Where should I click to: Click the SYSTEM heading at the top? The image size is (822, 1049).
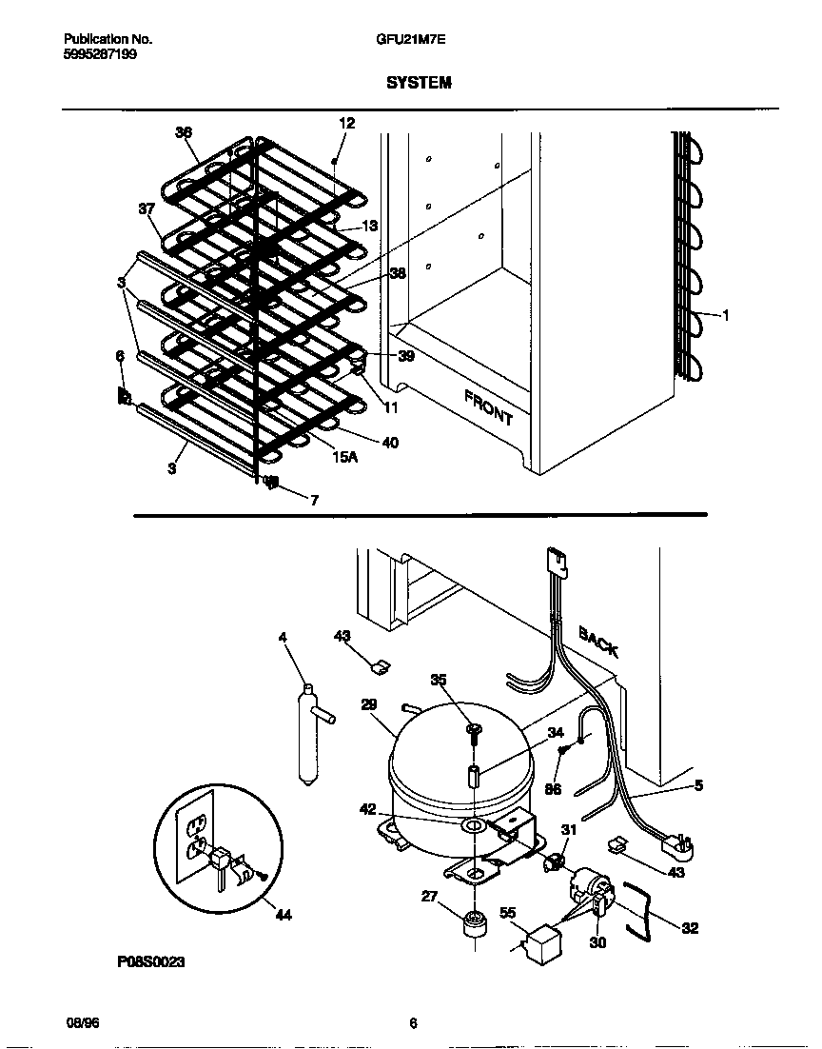pyautogui.click(x=419, y=83)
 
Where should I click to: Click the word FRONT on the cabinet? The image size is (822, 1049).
pyautogui.click(x=489, y=407)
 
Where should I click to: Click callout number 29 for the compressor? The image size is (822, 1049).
pyautogui.click(x=369, y=704)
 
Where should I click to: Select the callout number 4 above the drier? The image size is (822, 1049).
pyautogui.click(x=283, y=637)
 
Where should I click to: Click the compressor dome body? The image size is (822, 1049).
pyautogui.click(x=447, y=762)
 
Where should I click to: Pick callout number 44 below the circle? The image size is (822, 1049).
pyautogui.click(x=283, y=916)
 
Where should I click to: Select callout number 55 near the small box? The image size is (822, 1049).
pyautogui.click(x=509, y=912)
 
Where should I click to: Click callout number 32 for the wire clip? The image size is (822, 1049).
pyautogui.click(x=690, y=928)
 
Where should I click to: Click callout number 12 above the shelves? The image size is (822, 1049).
pyautogui.click(x=346, y=123)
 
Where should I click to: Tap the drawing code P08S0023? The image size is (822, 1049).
pyautogui.click(x=151, y=962)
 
